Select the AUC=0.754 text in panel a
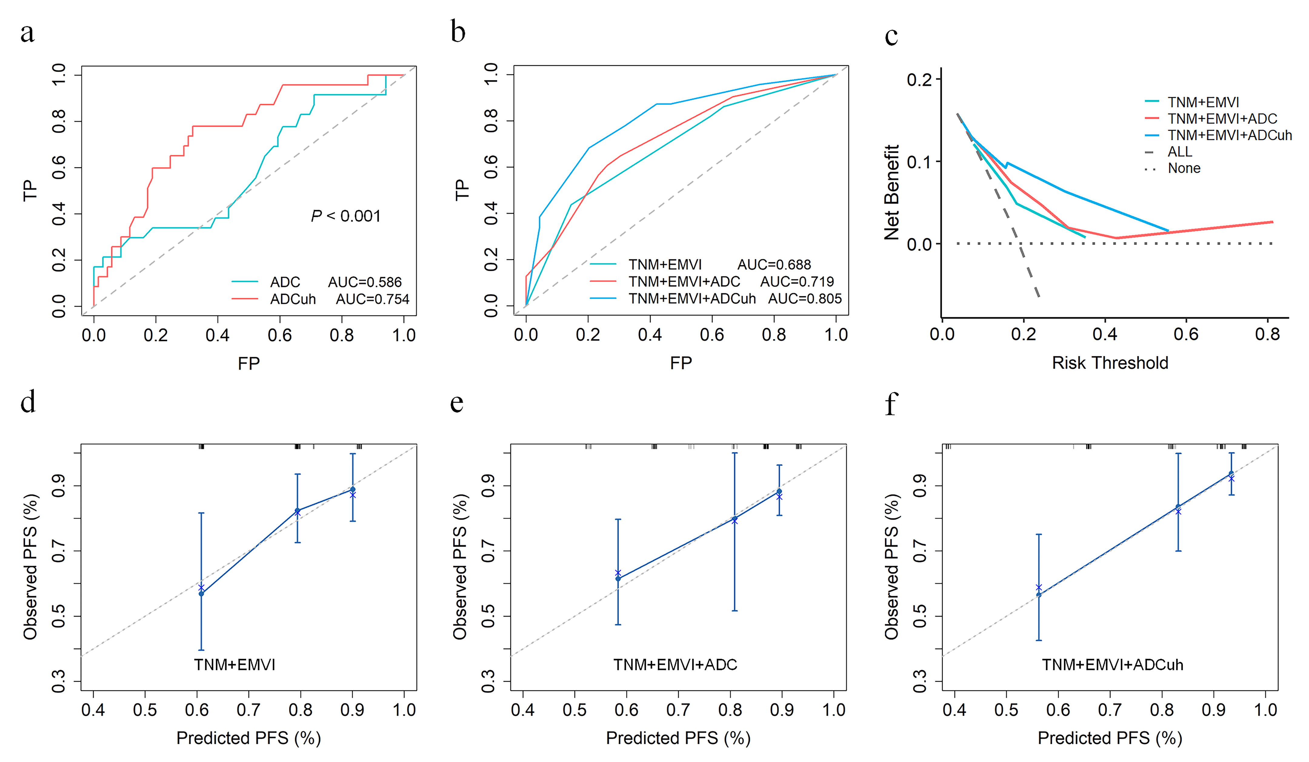click(372, 299)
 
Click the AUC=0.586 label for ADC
click(365, 282)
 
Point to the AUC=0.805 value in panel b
click(804, 299)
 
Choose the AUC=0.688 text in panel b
click(774, 265)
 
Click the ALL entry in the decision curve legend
click(1180, 152)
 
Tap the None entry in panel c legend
click(1184, 168)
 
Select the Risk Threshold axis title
click(1110, 363)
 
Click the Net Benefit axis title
click(892, 192)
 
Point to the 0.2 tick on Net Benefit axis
click(919, 79)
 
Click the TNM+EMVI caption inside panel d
click(235, 665)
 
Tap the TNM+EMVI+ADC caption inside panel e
click(675, 665)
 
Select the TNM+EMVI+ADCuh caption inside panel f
click(1112, 665)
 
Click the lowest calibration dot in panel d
click(202, 594)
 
